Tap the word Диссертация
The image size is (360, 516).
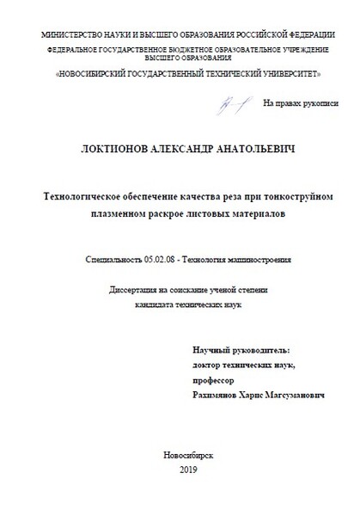click(133, 291)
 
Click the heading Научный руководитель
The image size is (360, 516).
click(241, 351)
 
